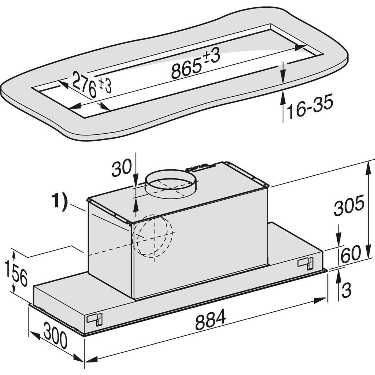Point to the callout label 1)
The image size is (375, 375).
[x=59, y=203]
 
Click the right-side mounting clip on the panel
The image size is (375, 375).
[x=305, y=262]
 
